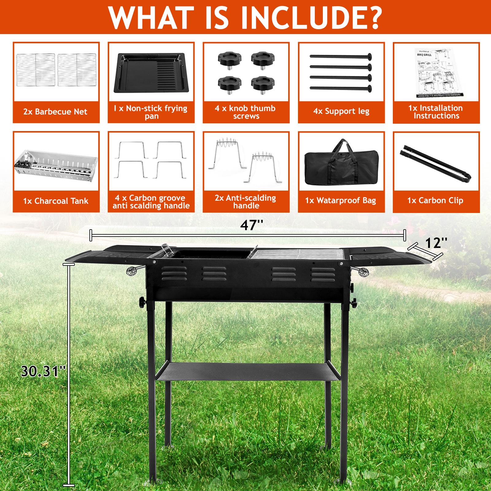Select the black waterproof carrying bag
(341, 164)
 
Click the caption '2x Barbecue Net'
(56, 112)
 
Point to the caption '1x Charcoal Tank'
(56, 201)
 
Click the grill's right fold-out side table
(390, 256)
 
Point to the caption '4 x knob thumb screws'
(245, 112)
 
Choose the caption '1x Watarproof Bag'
(340, 201)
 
